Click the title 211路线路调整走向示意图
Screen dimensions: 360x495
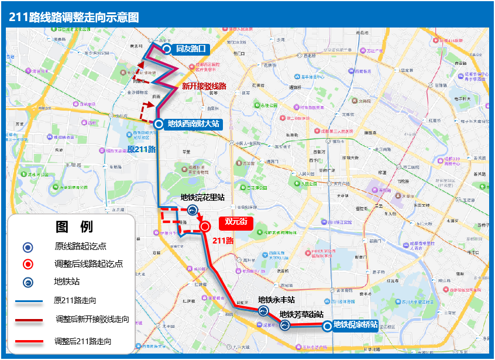(x=74, y=17)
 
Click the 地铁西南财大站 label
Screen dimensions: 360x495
(x=193, y=124)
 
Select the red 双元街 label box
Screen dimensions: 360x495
(x=236, y=222)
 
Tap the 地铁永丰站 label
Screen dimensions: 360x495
(x=276, y=300)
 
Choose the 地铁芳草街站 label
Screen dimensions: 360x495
(x=301, y=314)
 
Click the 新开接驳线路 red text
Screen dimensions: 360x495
(x=204, y=85)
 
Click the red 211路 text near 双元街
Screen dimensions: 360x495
(x=223, y=240)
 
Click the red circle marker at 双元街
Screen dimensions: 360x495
(x=205, y=227)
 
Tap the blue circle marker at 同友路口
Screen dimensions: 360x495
(x=167, y=49)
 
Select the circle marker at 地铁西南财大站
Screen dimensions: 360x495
(x=158, y=124)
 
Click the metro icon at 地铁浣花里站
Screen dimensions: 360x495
(x=192, y=211)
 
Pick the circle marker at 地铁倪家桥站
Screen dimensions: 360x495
(x=326, y=326)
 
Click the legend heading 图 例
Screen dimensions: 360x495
(x=74, y=227)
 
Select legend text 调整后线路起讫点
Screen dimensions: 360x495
(x=88, y=263)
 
